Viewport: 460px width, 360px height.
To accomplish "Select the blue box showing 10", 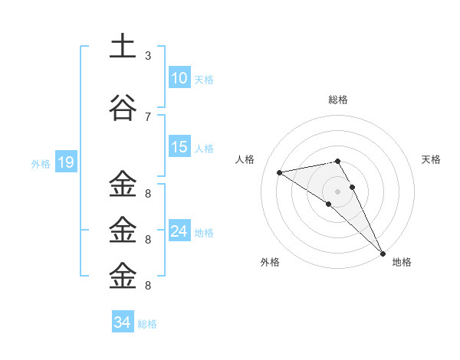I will [179, 78].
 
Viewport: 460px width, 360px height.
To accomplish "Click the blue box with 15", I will [179, 147].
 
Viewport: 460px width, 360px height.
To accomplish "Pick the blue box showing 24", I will [179, 231].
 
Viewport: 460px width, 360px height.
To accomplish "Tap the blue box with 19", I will [65, 162].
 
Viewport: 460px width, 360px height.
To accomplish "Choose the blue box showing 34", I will [123, 322].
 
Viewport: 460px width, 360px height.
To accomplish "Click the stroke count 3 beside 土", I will [147, 56].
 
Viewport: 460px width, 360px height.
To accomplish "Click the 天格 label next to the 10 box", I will [204, 80].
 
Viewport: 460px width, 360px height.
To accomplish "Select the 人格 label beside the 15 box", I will [204, 149].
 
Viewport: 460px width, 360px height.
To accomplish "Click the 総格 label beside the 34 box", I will [147, 324].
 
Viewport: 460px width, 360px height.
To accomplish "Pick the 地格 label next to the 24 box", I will [204, 233].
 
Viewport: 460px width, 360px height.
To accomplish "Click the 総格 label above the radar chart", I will [338, 100].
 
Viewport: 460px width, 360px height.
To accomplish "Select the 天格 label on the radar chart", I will [432, 159].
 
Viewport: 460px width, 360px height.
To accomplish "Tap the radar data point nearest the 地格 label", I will [383, 252].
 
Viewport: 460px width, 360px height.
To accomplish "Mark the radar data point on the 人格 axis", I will [280, 172].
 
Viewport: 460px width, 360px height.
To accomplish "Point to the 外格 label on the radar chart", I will [270, 262].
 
